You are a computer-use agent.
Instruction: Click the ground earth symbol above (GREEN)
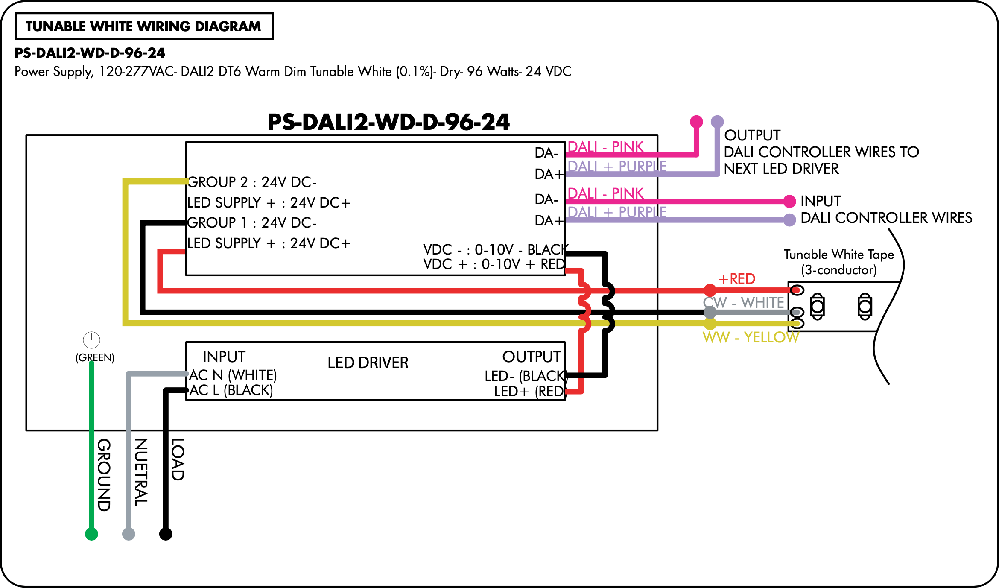(91, 340)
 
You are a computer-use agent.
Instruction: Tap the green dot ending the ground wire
(91, 534)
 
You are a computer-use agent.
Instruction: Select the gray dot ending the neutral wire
(129, 534)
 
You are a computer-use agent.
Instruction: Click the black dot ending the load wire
(166, 534)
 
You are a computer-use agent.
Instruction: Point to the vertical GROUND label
(104, 475)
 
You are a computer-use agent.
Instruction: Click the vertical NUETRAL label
(141, 472)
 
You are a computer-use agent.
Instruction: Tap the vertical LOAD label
(178, 459)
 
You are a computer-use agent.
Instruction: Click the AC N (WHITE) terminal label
(233, 375)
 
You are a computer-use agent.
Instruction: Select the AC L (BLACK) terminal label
(231, 390)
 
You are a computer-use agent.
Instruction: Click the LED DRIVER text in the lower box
(368, 363)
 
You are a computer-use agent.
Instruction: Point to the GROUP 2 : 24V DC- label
(252, 182)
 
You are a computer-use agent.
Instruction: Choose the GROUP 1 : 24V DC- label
(252, 222)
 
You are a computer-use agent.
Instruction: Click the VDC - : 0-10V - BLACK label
(495, 249)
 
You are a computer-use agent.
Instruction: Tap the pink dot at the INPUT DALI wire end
(789, 201)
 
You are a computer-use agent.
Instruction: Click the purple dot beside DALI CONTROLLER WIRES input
(789, 220)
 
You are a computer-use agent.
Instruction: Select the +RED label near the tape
(737, 279)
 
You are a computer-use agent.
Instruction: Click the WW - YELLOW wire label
(751, 337)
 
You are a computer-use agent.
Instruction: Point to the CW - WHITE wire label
(744, 302)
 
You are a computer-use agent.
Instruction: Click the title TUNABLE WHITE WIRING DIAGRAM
(143, 26)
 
